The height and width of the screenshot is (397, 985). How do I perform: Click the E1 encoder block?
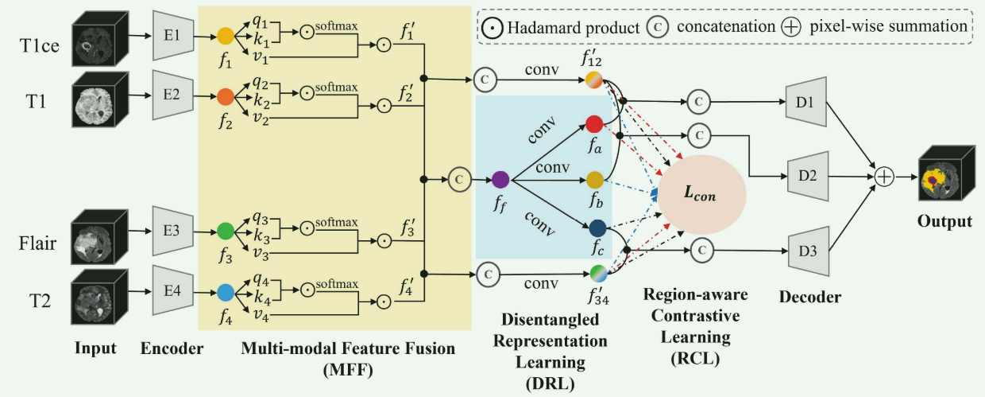(169, 37)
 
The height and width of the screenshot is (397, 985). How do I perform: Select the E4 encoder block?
(169, 292)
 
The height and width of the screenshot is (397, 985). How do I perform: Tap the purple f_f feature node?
(500, 179)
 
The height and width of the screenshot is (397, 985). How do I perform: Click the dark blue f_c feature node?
(597, 229)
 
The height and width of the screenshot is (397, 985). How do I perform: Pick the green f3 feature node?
(226, 232)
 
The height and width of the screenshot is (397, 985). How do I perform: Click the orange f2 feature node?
(226, 98)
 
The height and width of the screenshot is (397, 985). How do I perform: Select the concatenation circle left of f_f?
(458, 179)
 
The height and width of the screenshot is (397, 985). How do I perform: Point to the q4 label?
(260, 278)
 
